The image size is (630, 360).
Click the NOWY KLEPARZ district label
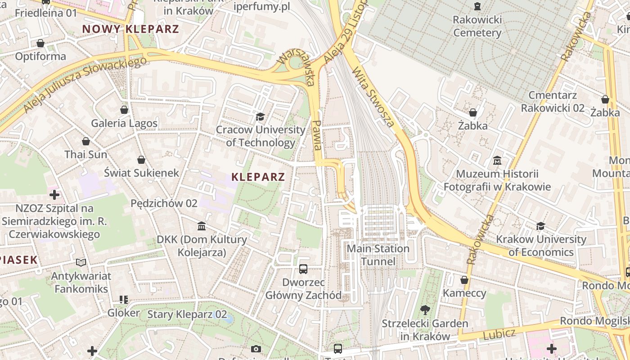pyautogui.click(x=130, y=29)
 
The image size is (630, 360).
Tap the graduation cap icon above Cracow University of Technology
pyautogui.click(x=260, y=117)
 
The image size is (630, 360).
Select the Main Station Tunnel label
pyautogui.click(x=378, y=255)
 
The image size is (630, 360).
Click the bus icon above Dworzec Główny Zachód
pyautogui.click(x=303, y=269)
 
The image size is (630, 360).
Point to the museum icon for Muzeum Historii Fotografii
pyautogui.click(x=497, y=160)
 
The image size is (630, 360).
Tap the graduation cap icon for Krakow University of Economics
pyautogui.click(x=540, y=226)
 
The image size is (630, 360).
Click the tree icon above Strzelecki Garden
pyautogui.click(x=425, y=310)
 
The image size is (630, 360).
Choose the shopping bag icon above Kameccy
pyautogui.click(x=464, y=280)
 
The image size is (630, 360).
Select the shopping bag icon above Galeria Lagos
pyautogui.click(x=124, y=110)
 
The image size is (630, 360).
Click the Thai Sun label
pyautogui.click(x=86, y=154)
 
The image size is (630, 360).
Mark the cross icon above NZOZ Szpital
pyautogui.click(x=54, y=195)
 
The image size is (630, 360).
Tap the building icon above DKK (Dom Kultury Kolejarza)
pyautogui.click(x=202, y=226)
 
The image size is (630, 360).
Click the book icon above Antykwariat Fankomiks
pyautogui.click(x=81, y=262)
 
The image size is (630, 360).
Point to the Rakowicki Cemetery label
pyautogui.click(x=477, y=26)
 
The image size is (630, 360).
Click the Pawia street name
pyautogui.click(x=317, y=135)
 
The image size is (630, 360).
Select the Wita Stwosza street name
pyautogui.click(x=373, y=96)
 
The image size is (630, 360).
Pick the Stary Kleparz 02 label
pyautogui.click(x=187, y=314)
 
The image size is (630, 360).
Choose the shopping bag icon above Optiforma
pyautogui.click(x=40, y=43)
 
